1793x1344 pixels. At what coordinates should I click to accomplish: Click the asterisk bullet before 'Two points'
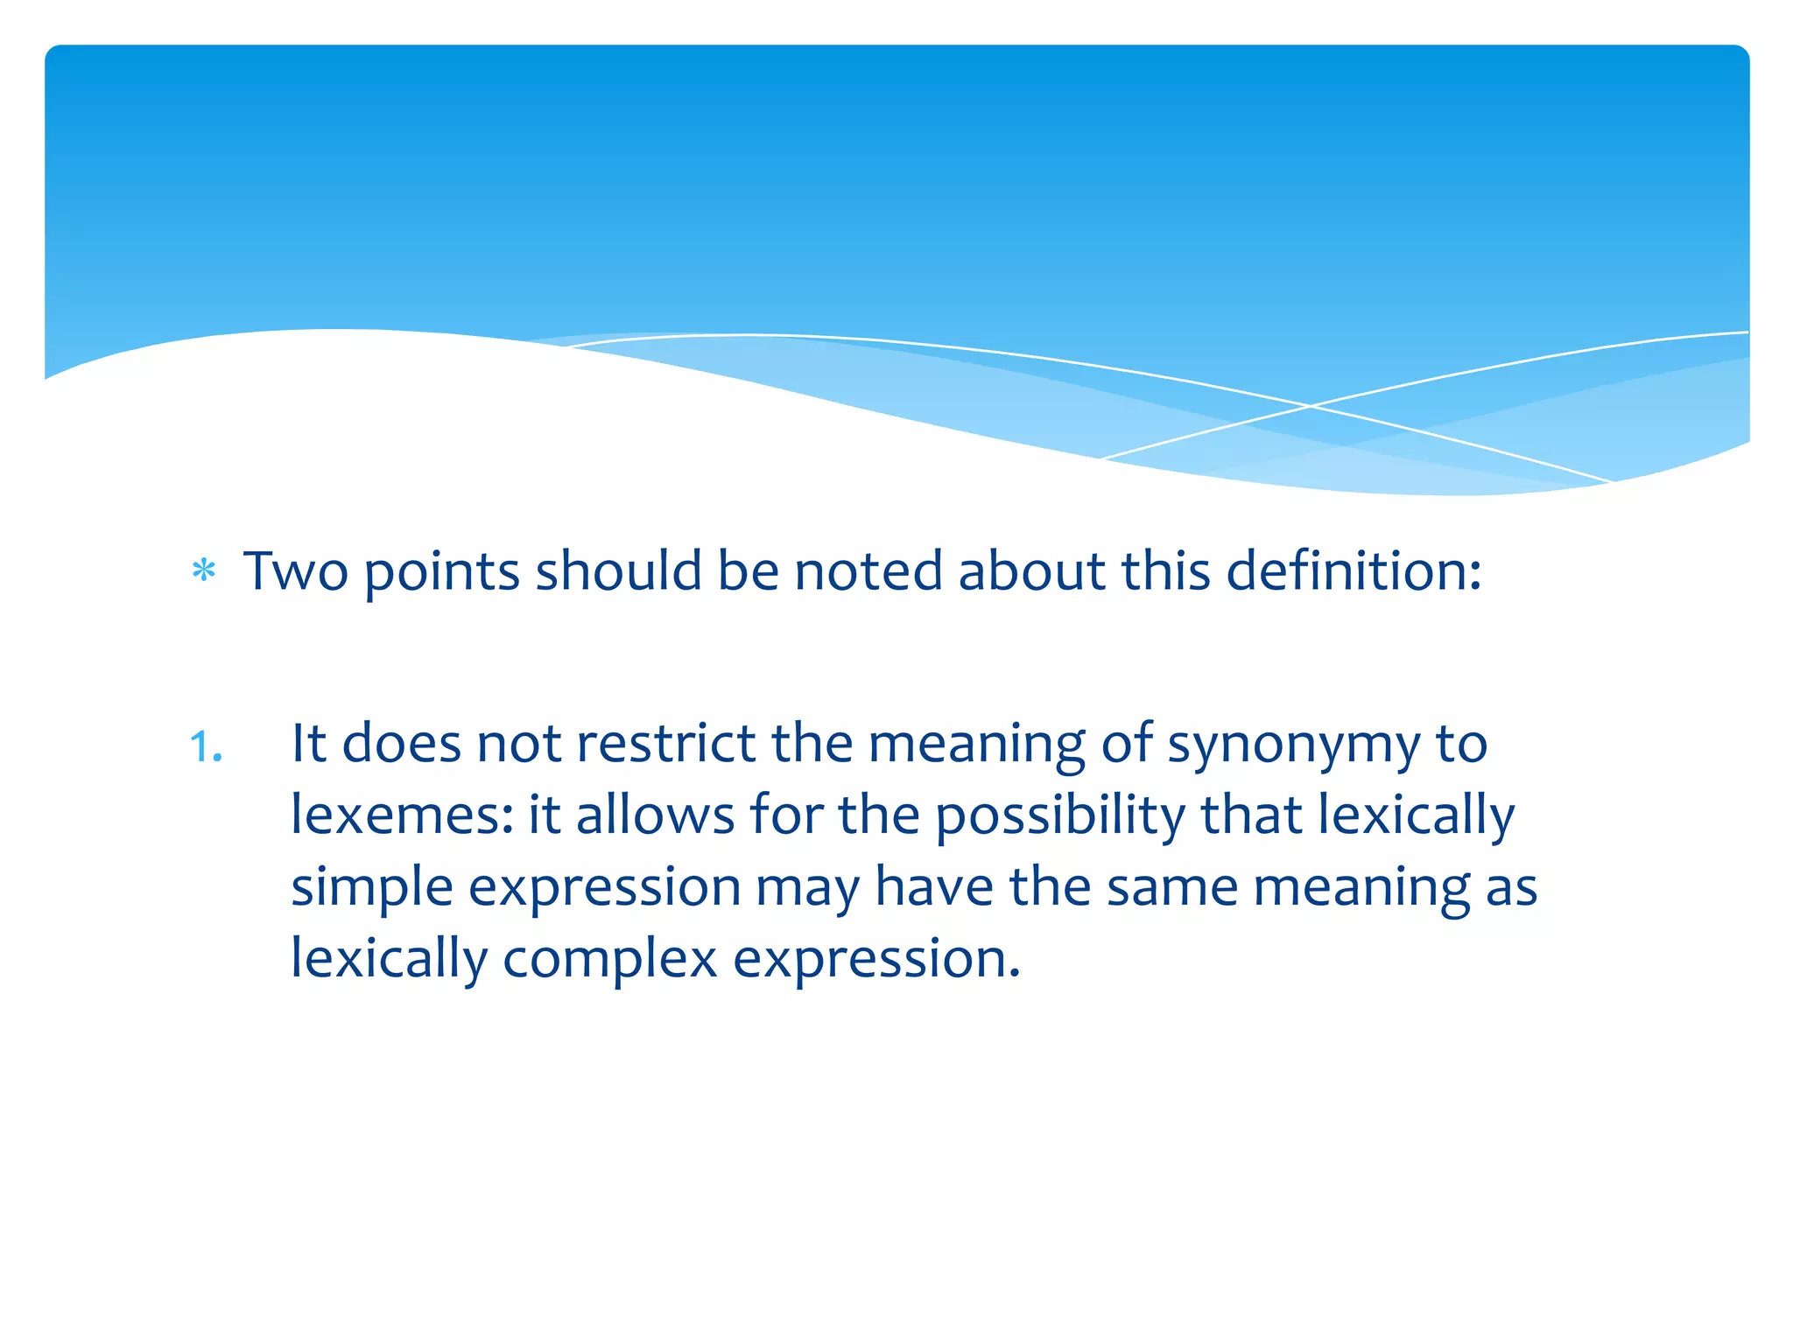[x=204, y=571]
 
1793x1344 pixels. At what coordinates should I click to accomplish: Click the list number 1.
[x=206, y=747]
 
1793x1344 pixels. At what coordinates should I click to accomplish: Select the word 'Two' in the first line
[x=295, y=570]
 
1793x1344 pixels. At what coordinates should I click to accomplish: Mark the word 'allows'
[x=655, y=815]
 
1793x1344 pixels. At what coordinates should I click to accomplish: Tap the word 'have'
[x=934, y=886]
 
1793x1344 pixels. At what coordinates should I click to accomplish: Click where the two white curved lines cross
[x=1311, y=406]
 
